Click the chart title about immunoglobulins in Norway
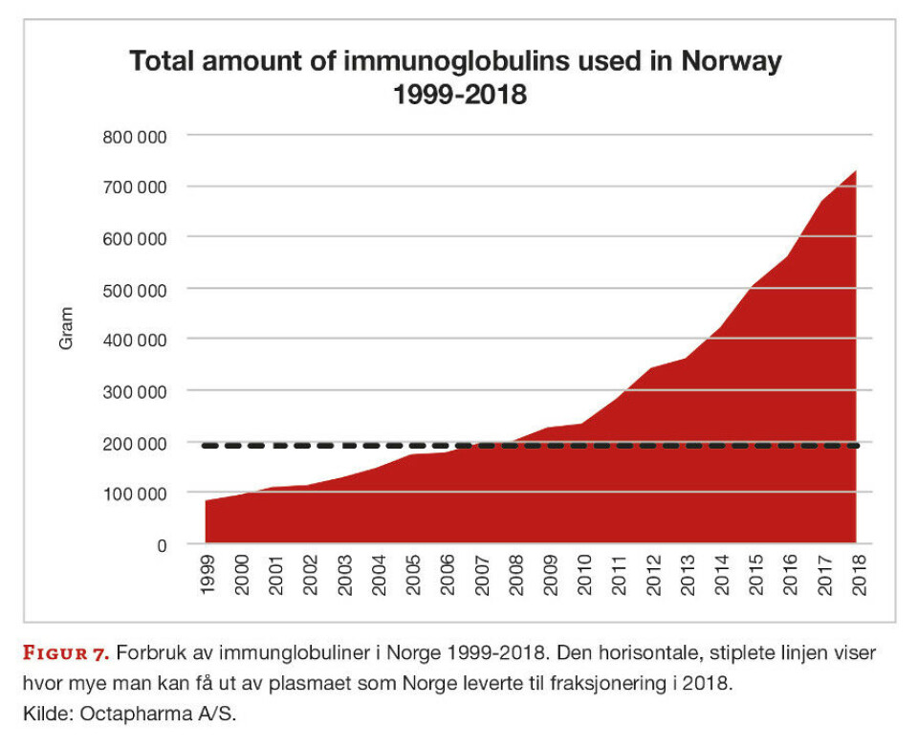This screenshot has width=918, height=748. pyautogui.click(x=455, y=77)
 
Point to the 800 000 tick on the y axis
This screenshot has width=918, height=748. pyautogui.click(x=134, y=136)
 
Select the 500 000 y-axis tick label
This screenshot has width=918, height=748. pyautogui.click(x=134, y=289)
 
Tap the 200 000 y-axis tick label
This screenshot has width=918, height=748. pyautogui.click(x=134, y=443)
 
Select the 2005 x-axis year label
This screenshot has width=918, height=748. pyautogui.click(x=413, y=575)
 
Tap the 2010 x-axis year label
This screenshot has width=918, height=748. pyautogui.click(x=583, y=575)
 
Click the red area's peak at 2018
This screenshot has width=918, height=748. pyautogui.click(x=855, y=171)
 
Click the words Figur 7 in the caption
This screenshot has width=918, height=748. pyautogui.click(x=64, y=653)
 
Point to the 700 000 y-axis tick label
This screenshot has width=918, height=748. pyautogui.click(x=134, y=187)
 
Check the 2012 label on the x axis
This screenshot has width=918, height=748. pyautogui.click(x=651, y=575)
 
